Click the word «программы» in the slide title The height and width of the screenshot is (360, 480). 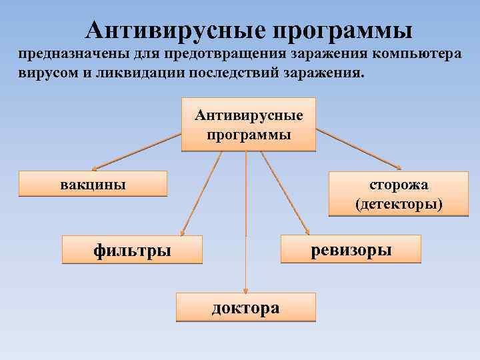[x=342, y=31]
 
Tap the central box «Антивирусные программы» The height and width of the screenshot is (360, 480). [x=248, y=125]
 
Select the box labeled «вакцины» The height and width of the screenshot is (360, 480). [x=93, y=183]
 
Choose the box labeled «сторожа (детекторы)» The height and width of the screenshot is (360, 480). [x=399, y=194]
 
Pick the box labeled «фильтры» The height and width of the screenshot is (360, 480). [x=132, y=250]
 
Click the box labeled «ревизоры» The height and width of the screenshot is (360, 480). [x=351, y=249]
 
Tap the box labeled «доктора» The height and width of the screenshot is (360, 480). [x=245, y=307]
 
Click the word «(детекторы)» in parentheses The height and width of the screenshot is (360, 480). [x=399, y=203]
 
